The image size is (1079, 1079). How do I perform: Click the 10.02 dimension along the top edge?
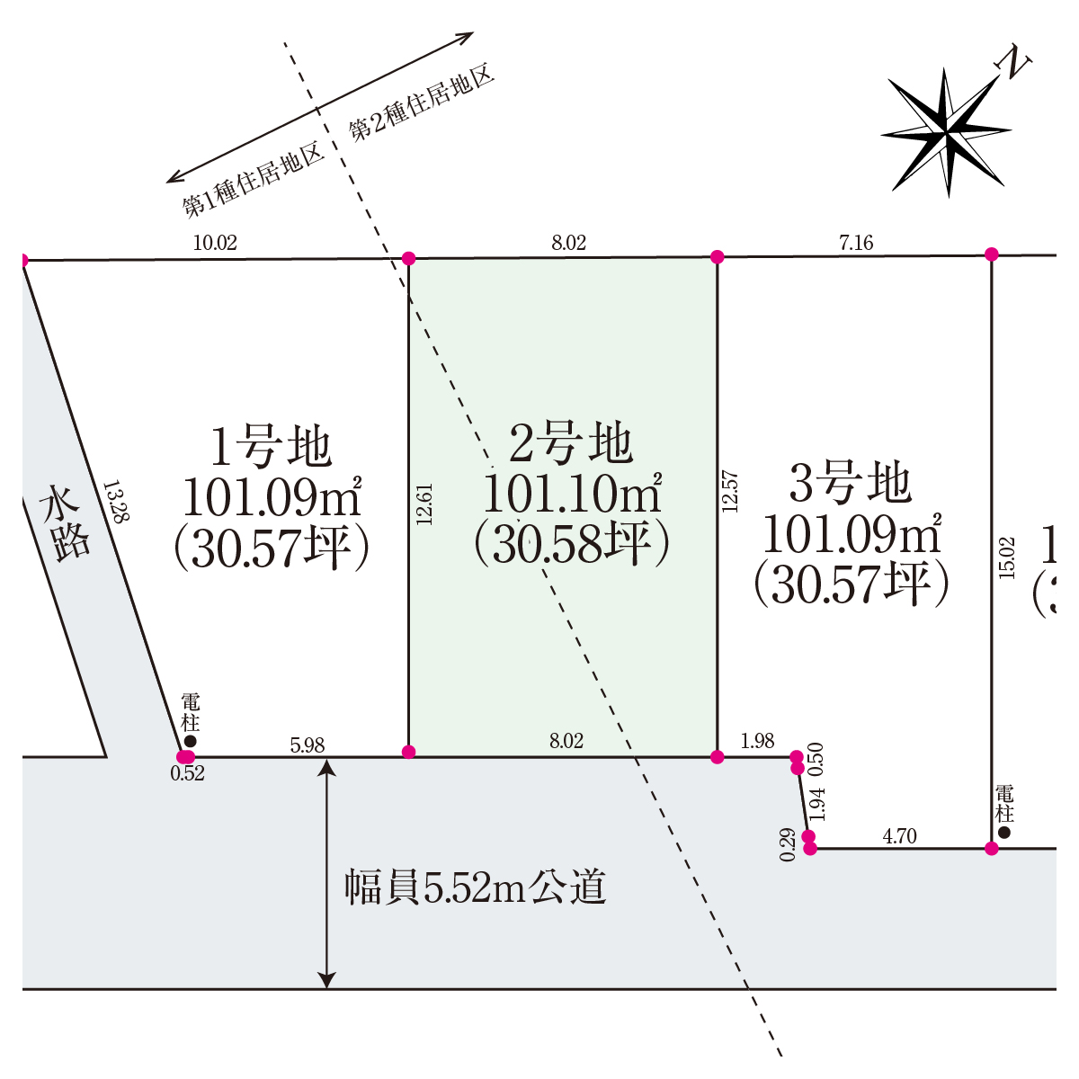click(215, 243)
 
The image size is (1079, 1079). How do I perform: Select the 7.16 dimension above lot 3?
click(856, 243)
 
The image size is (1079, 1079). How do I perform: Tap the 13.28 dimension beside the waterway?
click(117, 501)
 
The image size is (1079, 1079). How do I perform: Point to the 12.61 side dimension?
click(425, 504)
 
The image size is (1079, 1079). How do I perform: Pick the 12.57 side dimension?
click(730, 491)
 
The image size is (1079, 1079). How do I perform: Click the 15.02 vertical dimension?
click(1006, 557)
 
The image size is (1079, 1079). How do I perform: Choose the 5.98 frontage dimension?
click(308, 745)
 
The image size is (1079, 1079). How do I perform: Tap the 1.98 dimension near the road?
click(758, 741)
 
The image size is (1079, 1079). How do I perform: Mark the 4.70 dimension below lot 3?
click(900, 836)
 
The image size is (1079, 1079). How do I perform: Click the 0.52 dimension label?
click(188, 773)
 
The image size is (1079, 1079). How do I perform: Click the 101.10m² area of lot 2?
click(572, 493)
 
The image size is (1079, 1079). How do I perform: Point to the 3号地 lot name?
click(851, 482)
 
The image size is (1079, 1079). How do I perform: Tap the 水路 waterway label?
click(65, 523)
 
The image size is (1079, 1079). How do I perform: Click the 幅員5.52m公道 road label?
click(475, 887)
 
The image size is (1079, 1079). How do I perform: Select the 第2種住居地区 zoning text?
click(422, 102)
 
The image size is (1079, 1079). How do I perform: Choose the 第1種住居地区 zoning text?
click(254, 179)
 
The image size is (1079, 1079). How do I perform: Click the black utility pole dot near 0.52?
click(191, 741)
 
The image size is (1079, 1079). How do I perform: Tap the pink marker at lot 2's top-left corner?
click(409, 258)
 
